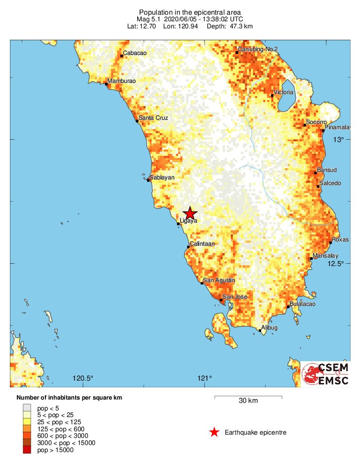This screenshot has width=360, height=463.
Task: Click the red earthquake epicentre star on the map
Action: (190, 213)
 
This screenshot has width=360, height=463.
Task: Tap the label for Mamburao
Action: (122, 81)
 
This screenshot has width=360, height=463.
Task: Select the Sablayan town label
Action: (162, 178)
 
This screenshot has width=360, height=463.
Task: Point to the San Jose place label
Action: (235, 297)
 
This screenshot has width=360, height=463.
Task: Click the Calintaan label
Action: (202, 244)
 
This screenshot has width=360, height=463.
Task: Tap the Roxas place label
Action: (340, 240)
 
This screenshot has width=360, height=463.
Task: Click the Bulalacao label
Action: (302, 304)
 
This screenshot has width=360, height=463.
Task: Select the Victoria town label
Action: (284, 92)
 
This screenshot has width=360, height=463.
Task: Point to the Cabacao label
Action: (135, 53)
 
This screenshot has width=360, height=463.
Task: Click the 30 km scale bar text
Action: (248, 401)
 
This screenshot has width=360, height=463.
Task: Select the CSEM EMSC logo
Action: (325, 374)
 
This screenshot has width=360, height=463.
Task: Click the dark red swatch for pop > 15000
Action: (27, 450)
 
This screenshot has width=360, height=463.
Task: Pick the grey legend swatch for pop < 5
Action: (27, 407)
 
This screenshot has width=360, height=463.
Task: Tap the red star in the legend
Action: (214, 432)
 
